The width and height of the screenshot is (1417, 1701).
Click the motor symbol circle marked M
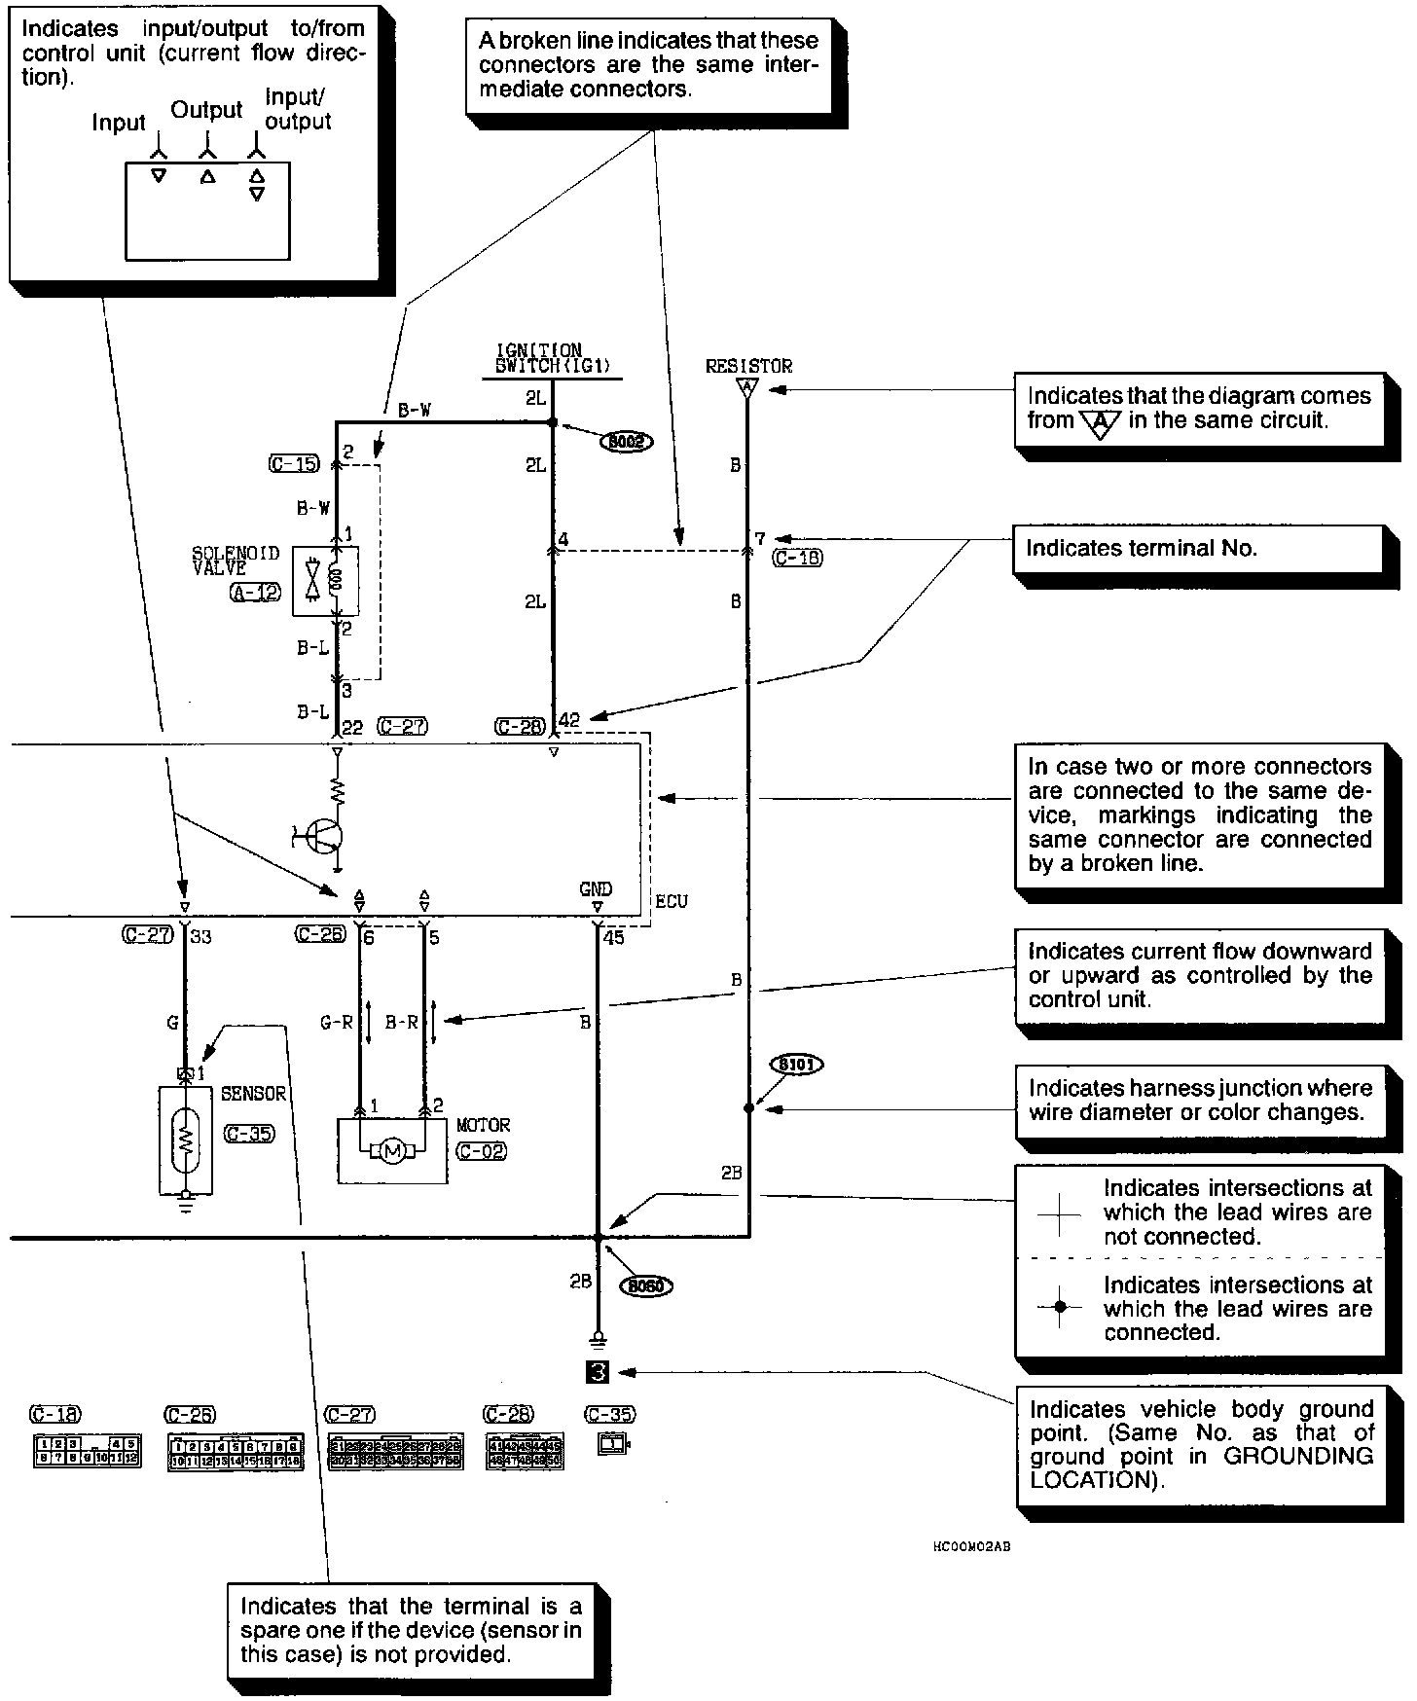coord(392,1152)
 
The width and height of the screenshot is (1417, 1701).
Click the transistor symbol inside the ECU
coord(320,835)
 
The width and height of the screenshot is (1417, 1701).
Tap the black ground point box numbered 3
coord(598,1372)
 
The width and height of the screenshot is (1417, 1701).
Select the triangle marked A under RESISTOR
coord(746,388)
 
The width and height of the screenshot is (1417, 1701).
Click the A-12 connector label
coord(255,592)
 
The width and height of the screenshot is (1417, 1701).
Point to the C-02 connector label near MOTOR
coord(482,1150)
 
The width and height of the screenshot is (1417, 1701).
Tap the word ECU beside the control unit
coord(672,901)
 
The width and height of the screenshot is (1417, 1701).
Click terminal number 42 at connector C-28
coord(569,720)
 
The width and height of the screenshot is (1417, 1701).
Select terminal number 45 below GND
coord(613,938)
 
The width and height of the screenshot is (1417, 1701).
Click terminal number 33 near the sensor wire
coord(200,937)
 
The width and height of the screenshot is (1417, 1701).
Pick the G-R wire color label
coord(337,1023)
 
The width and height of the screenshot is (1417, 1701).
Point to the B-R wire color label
coord(401,1023)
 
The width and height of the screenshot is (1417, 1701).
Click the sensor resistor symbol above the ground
coord(186,1139)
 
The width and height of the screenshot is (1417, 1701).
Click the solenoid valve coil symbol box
coord(325,581)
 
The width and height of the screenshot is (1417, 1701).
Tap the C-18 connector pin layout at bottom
coord(87,1451)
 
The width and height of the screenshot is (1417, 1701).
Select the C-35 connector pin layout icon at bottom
coord(613,1445)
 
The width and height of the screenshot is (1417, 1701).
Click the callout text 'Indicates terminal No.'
coord(1142,549)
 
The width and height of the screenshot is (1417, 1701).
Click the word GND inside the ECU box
coord(596,888)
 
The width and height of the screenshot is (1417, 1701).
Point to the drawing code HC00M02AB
coord(970,1546)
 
